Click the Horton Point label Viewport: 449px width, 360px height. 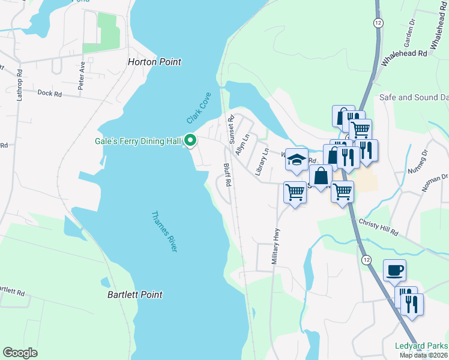coord(154,62)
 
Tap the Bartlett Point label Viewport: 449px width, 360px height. coord(135,295)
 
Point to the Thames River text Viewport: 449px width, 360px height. coord(164,231)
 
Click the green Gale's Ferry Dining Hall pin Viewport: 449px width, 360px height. coord(191,141)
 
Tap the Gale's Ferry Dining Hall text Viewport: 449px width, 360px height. coord(138,141)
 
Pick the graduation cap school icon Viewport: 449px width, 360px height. coord(296,160)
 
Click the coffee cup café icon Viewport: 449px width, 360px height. coord(394,271)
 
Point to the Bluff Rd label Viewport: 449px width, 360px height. coord(228,174)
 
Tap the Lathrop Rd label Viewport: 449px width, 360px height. coord(20,85)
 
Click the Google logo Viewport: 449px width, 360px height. coord(20,353)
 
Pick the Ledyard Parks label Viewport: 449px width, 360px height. coord(421,346)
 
